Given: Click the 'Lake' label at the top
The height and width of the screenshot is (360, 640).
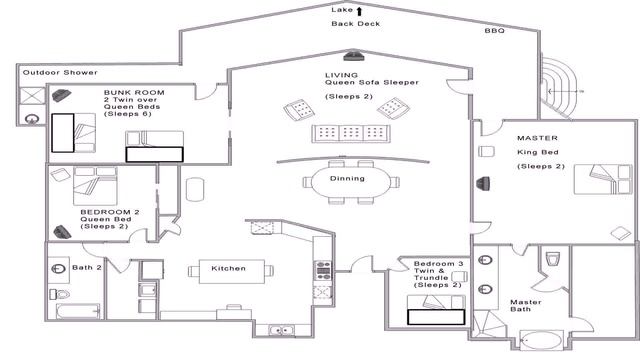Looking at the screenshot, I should pos(341,9).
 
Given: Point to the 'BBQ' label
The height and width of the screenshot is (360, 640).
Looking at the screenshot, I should pos(494,32).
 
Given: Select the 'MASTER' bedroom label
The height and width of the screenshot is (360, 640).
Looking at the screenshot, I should pos(536,137).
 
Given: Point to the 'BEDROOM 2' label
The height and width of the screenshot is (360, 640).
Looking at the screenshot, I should pos(109,212).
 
